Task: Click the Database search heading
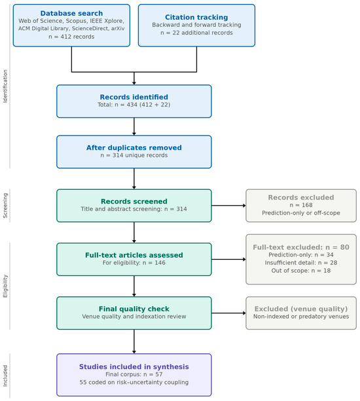pos(71,13)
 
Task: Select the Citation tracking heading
pos(196,17)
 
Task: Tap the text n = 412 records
pos(71,37)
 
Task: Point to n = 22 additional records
pos(196,33)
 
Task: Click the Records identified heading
pos(134,97)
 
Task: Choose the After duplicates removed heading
pos(134,148)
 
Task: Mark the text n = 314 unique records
pos(134,155)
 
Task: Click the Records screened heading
pos(134,201)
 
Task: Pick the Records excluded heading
pos(301,198)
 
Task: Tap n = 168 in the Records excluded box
pos(301,205)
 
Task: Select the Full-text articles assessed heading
pos(134,255)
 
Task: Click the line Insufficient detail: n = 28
pos(301,262)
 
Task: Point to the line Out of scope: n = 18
pos(301,271)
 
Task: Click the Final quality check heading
pos(134,309)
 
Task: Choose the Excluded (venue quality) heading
pos(301,309)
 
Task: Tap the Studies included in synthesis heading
pos(134,367)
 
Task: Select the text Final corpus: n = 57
pos(134,374)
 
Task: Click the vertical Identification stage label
pos(5,86)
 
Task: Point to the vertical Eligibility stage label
pos(5,286)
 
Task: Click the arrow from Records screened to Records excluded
pos(228,205)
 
